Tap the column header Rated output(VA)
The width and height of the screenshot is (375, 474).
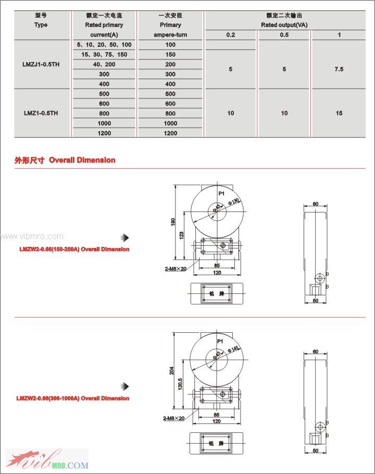point(284,24)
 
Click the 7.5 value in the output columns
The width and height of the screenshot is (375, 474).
point(339,69)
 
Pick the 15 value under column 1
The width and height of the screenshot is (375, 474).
point(339,113)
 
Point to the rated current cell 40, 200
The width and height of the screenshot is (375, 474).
point(104,65)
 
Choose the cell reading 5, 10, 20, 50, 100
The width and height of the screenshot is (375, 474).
point(104,45)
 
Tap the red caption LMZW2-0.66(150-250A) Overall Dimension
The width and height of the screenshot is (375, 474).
point(74,250)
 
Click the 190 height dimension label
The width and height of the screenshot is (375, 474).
point(173,221)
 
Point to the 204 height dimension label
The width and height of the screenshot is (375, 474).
point(171,370)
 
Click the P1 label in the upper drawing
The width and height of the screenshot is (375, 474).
point(221,193)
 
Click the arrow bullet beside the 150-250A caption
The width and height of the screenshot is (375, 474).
point(124,238)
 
